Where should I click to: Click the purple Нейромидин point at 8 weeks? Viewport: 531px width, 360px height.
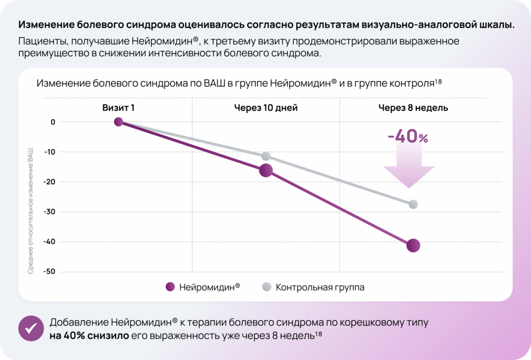point(413,245)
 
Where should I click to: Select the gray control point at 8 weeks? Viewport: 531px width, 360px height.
point(413,204)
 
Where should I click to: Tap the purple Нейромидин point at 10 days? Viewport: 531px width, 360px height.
point(266,170)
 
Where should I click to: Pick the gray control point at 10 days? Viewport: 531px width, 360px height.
point(266,156)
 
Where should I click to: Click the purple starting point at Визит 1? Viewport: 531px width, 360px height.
point(119,122)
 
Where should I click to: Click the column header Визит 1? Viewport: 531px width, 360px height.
point(118,108)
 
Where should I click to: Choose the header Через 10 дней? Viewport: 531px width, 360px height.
point(265,108)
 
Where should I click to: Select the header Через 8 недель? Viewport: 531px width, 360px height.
point(413,108)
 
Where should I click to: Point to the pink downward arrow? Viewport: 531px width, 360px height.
point(409,169)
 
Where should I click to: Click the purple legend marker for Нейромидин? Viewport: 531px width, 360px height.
point(169,287)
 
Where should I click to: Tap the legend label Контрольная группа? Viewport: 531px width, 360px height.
point(320,287)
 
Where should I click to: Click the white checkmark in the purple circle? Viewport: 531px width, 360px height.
point(31,328)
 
